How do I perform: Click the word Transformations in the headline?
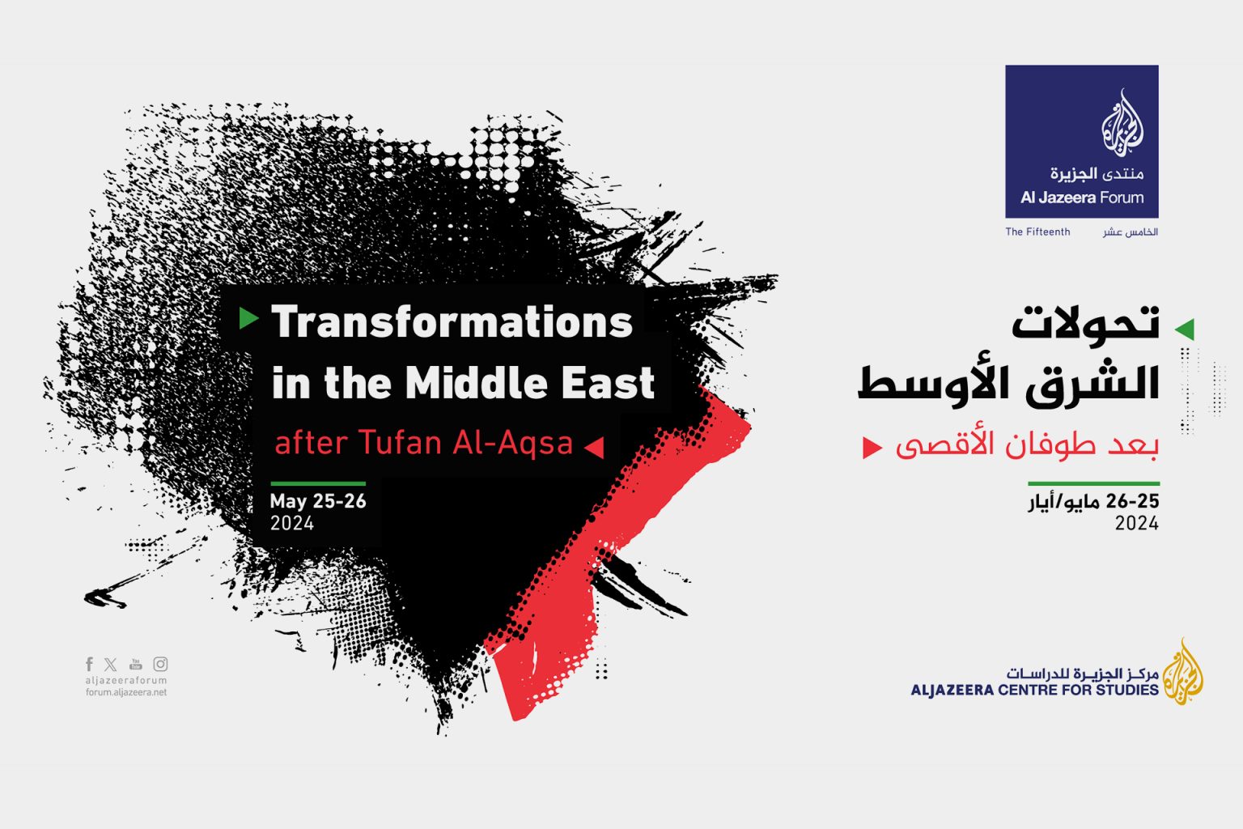click(x=452, y=322)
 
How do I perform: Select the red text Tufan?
click(x=401, y=443)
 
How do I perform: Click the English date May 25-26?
click(x=318, y=501)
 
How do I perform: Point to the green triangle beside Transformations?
click(x=248, y=318)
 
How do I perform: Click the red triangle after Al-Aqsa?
click(x=594, y=447)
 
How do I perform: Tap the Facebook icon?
click(x=90, y=664)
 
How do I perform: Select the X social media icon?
click(x=111, y=664)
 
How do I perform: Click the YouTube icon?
click(x=135, y=664)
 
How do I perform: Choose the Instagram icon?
click(x=160, y=664)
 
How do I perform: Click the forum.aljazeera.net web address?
click(x=126, y=692)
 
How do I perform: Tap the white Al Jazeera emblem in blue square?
click(x=1122, y=123)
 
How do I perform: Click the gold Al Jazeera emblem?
click(x=1183, y=672)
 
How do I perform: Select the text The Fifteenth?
click(x=1037, y=232)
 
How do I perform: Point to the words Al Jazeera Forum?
click(x=1082, y=198)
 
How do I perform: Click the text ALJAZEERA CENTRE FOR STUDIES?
click(x=1034, y=690)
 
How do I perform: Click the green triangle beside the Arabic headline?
click(x=1185, y=329)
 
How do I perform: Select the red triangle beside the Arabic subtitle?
click(x=872, y=447)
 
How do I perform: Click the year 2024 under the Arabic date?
click(x=1136, y=523)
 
